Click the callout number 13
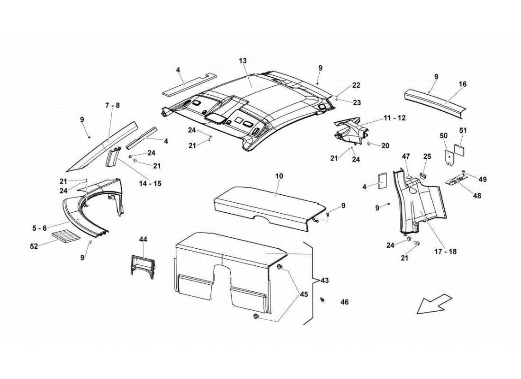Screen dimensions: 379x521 pyautogui.click(x=243, y=61)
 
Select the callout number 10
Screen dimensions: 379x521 pyautogui.click(x=279, y=176)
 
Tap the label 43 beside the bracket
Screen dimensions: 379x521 pyautogui.click(x=324, y=280)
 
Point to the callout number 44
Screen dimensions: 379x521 pyautogui.click(x=144, y=240)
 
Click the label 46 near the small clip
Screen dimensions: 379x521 pyautogui.click(x=344, y=302)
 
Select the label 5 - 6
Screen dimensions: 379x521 pyautogui.click(x=40, y=228)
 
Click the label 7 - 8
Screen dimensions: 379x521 pyautogui.click(x=112, y=105)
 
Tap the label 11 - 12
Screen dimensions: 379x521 pyautogui.click(x=395, y=117)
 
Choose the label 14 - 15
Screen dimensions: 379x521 pyautogui.click(x=151, y=183)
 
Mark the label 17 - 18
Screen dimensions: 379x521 pyautogui.click(x=445, y=252)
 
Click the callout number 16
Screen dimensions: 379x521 pyautogui.click(x=462, y=84)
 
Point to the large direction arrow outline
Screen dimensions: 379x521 pyautogui.click(x=434, y=303)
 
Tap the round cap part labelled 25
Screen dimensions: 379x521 pyautogui.click(x=422, y=176)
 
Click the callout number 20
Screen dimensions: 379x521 pyautogui.click(x=385, y=146)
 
